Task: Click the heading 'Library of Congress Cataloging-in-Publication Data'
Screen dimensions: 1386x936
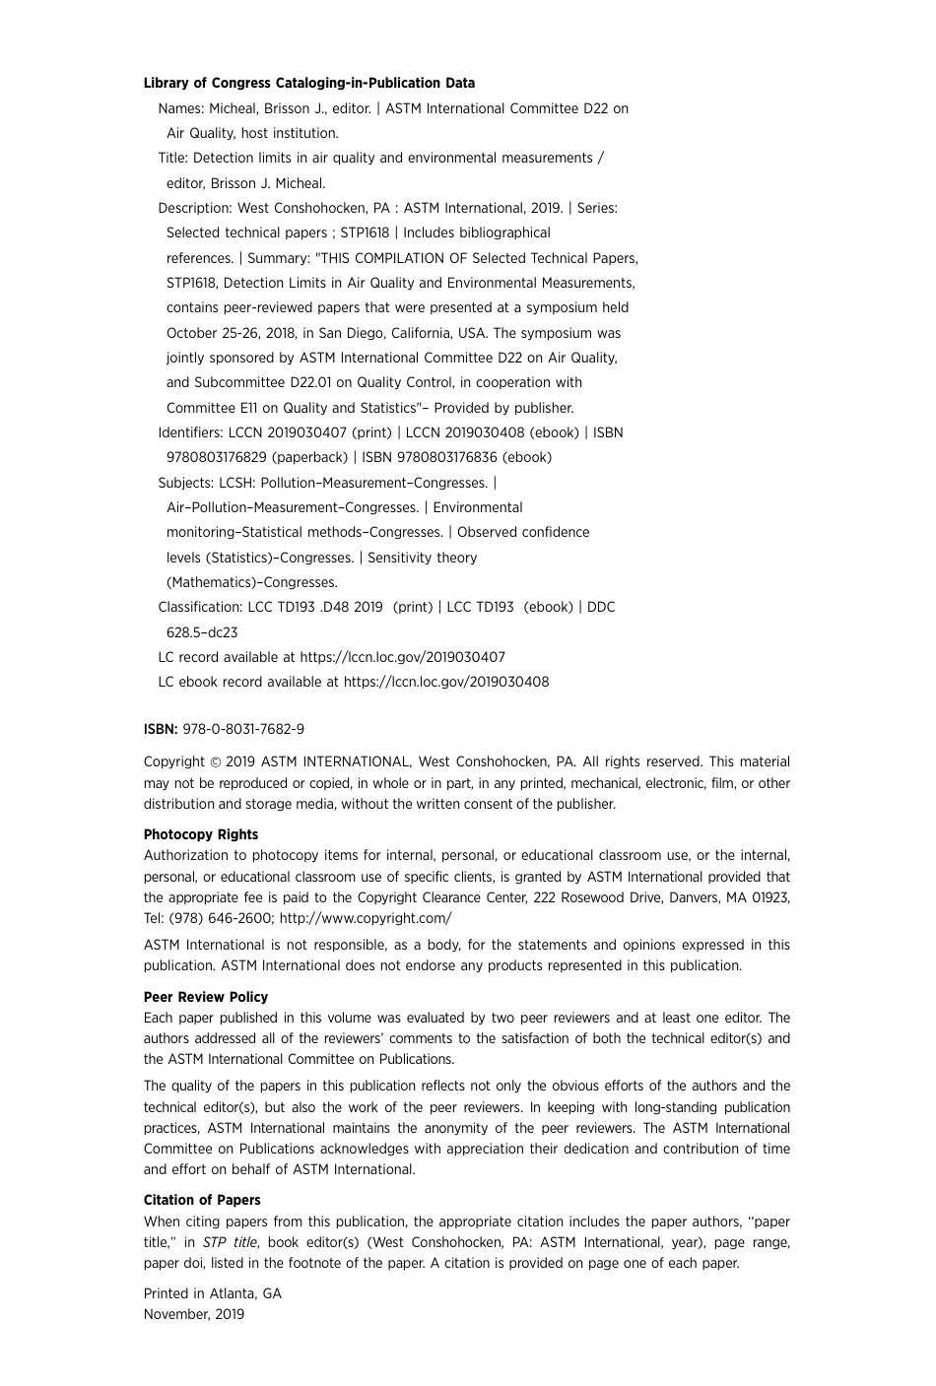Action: [x=308, y=84]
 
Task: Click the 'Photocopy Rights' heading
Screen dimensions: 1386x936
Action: [x=201, y=834]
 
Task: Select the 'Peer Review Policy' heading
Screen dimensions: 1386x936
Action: [x=206, y=997]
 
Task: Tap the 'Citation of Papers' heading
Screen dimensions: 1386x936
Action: [x=202, y=1200]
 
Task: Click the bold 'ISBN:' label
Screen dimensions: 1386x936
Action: [x=161, y=730]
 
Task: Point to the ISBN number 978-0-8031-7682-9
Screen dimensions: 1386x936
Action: [x=243, y=730]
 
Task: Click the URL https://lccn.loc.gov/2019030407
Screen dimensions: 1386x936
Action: [x=402, y=657]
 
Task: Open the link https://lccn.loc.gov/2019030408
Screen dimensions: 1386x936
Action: [x=446, y=682]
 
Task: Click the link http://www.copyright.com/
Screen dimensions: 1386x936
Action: [x=366, y=918]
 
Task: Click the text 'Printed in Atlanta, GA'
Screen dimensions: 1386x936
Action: [x=213, y=1293]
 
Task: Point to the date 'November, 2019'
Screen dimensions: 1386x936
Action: [x=194, y=1314]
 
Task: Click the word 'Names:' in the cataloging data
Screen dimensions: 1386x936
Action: [x=181, y=108]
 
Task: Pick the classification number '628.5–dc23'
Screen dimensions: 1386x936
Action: [x=202, y=632]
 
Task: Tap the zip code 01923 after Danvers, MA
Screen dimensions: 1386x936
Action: [x=770, y=897]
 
